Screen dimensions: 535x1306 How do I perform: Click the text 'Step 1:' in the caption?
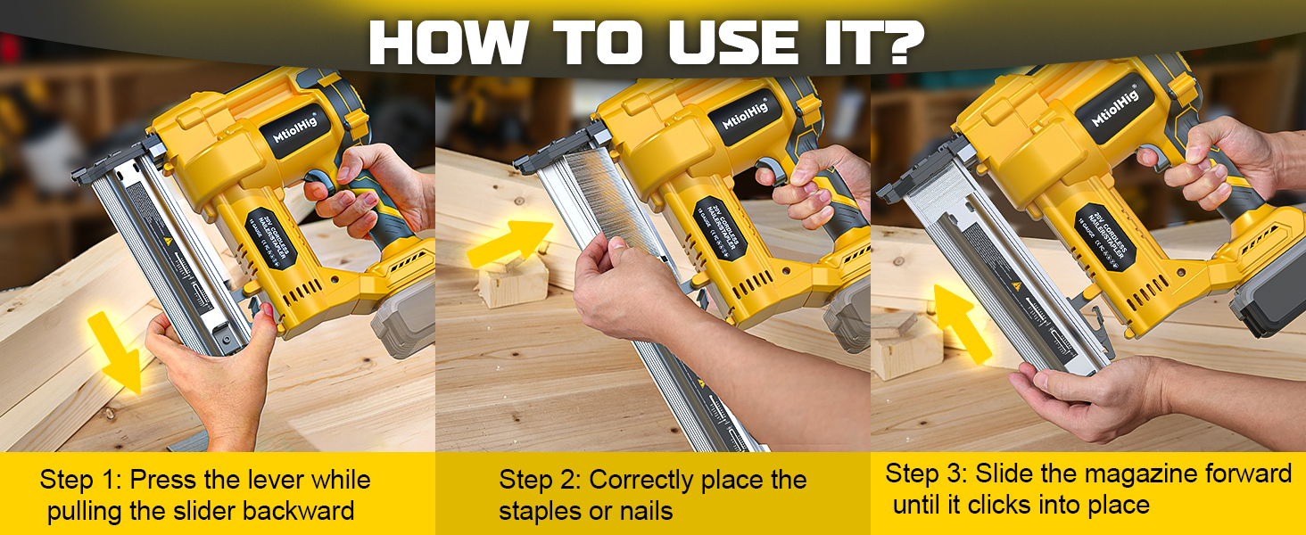click(x=81, y=480)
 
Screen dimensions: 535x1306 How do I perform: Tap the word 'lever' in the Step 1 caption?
click(x=259, y=480)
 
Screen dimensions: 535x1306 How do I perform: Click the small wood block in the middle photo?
click(x=513, y=284)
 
